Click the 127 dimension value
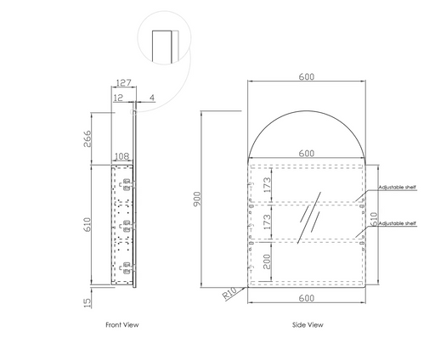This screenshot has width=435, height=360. (124, 82)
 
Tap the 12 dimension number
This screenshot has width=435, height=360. (118, 98)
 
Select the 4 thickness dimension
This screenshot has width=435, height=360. (152, 98)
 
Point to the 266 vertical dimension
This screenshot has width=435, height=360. (88, 138)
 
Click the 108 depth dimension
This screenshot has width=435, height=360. (122, 156)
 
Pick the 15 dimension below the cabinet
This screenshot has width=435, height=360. (88, 302)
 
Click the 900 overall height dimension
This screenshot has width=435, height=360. (197, 199)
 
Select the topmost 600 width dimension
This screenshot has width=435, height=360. (307, 76)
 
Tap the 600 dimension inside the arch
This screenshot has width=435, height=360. (307, 154)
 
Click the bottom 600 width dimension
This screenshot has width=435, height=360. (307, 298)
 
